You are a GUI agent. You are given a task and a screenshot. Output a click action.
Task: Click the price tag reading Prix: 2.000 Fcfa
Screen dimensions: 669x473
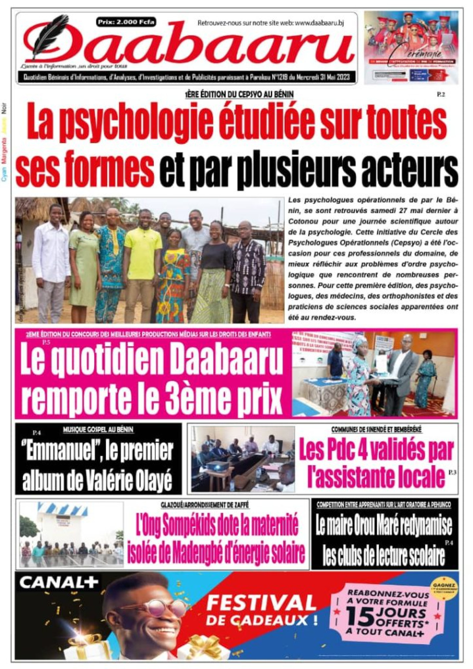[x=126, y=22]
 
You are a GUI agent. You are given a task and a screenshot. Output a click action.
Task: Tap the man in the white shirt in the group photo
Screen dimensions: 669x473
[x=51, y=256]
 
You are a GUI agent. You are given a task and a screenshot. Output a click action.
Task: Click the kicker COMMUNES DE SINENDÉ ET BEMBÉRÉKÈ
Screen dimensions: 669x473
[x=376, y=430]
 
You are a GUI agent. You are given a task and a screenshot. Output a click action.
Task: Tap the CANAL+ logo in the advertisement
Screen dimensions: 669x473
[x=58, y=583]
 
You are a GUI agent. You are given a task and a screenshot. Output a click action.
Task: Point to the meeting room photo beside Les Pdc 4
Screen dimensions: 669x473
[x=243, y=459]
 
